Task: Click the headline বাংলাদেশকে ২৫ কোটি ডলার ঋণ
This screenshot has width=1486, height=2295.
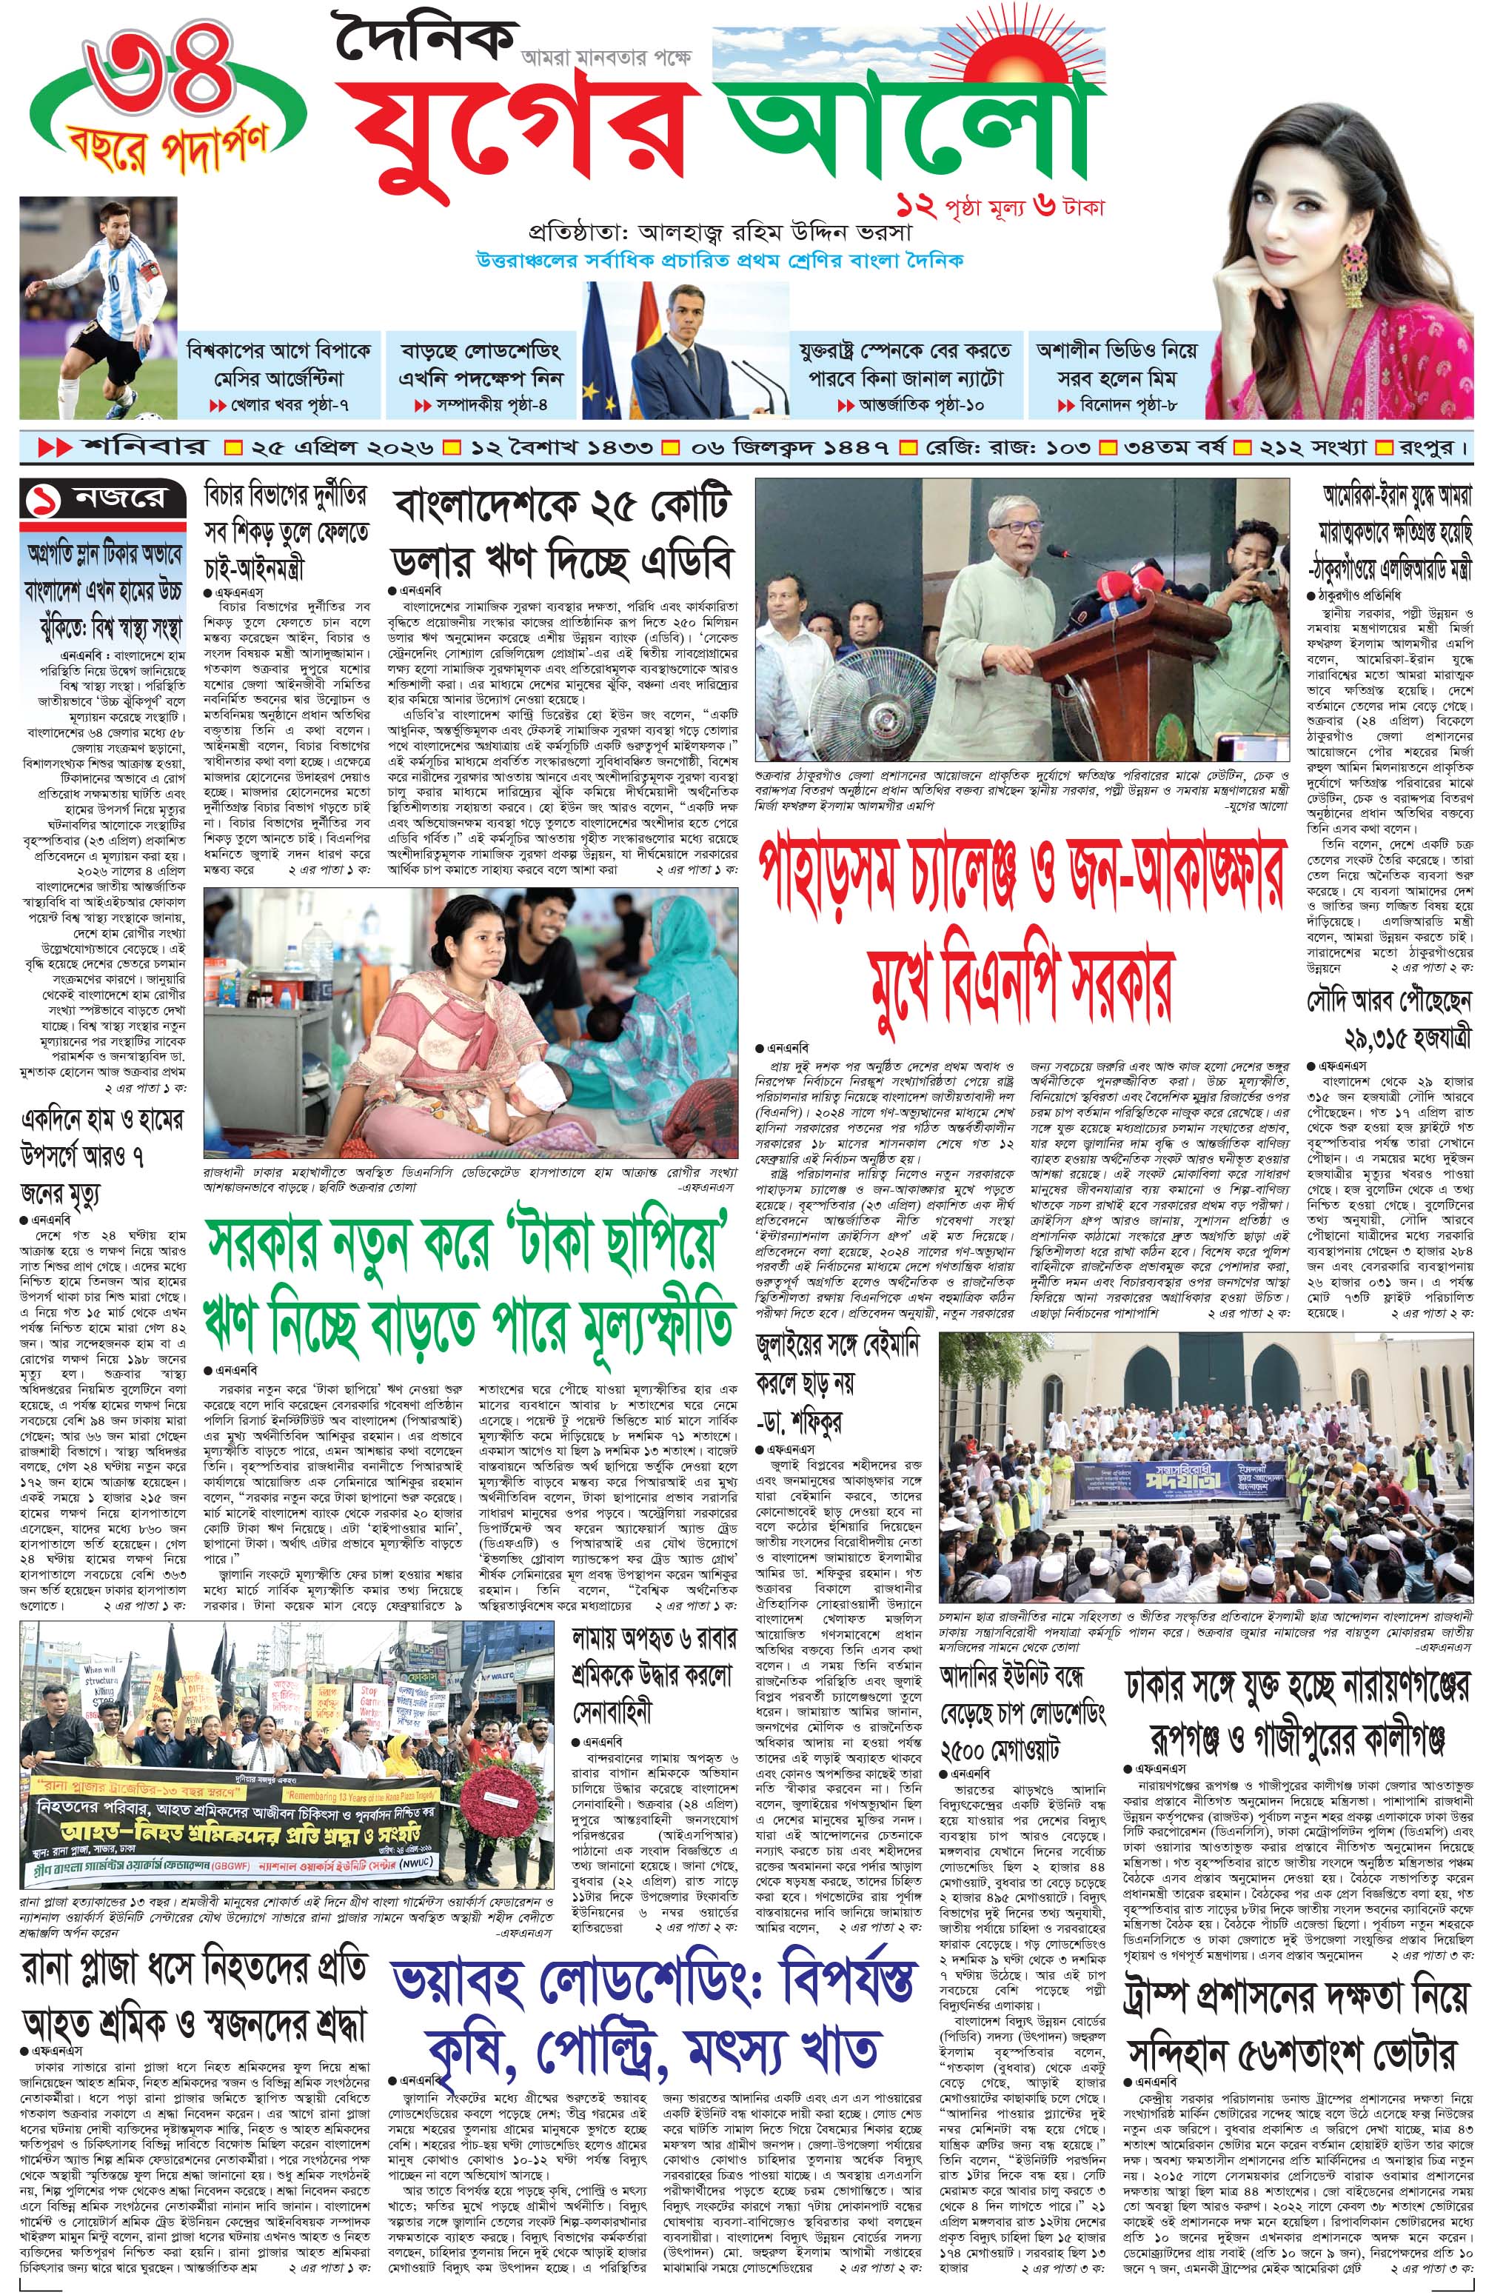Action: pos(563,536)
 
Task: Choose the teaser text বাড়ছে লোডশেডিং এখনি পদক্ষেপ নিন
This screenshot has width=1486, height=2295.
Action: pos(481,364)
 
